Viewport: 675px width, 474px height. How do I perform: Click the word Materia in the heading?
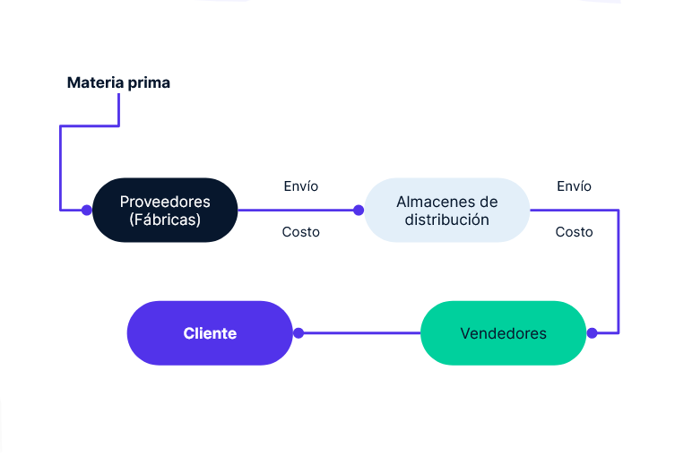[x=95, y=82]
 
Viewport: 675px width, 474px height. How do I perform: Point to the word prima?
[x=148, y=82]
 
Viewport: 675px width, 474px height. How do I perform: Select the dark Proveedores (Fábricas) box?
[x=165, y=210]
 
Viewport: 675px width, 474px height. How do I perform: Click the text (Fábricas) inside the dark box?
[x=165, y=220]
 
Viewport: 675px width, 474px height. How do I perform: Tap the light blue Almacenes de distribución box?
[x=446, y=210]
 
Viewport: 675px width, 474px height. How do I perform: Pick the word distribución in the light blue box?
[x=446, y=220]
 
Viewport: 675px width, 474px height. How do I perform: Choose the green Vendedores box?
[x=503, y=333]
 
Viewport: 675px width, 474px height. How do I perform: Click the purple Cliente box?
[x=210, y=333]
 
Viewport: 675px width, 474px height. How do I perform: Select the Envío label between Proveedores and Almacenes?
[x=300, y=186]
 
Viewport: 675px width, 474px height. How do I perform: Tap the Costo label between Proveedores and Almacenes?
[x=300, y=232]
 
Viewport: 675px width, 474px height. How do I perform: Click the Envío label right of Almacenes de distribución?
[x=574, y=186]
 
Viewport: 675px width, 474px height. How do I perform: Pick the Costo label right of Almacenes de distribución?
[x=574, y=232]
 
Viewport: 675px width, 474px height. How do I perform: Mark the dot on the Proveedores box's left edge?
[x=87, y=211]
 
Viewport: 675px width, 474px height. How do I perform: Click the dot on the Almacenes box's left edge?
[x=359, y=211]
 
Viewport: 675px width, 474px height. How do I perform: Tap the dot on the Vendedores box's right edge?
[x=592, y=333]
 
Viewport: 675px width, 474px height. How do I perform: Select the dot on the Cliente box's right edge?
[x=299, y=333]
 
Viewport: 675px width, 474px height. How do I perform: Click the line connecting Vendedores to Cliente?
[x=359, y=333]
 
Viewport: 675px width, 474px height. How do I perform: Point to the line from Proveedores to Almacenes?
[x=296, y=211]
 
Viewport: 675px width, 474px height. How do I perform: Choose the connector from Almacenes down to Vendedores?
[x=619, y=269]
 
